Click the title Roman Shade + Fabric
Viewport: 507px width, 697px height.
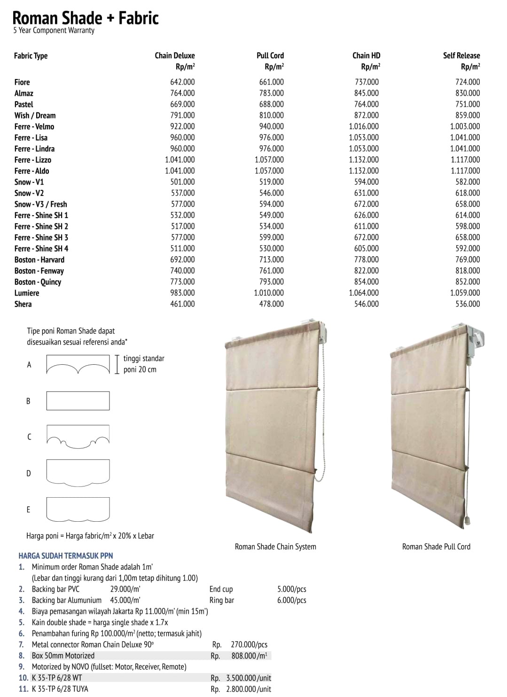pos(85,18)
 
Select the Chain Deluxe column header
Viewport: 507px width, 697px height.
pos(174,55)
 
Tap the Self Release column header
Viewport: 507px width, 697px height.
pos(461,55)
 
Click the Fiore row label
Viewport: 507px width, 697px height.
pos(22,82)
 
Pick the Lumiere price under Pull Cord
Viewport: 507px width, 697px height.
pos(269,293)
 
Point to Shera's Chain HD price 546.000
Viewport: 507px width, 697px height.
pos(366,304)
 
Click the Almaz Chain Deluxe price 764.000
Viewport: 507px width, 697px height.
pos(182,93)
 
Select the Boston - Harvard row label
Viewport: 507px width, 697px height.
pos(39,259)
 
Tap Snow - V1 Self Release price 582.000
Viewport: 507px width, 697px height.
pos(468,182)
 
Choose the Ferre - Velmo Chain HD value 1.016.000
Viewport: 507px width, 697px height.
pos(363,126)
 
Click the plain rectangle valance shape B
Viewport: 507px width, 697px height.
pos(78,401)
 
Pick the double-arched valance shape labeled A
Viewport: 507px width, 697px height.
pos(78,365)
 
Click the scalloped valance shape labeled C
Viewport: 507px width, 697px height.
pos(78,436)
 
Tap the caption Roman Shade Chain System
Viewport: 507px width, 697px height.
pos(275,547)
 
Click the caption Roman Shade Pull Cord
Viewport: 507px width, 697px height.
pos(436,547)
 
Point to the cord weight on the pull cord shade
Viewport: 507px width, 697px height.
pos(467,521)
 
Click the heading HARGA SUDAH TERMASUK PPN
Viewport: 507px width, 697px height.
pos(66,556)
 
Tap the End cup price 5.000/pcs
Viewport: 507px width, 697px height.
pos(291,589)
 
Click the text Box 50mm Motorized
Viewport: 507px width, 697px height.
pos(63,656)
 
